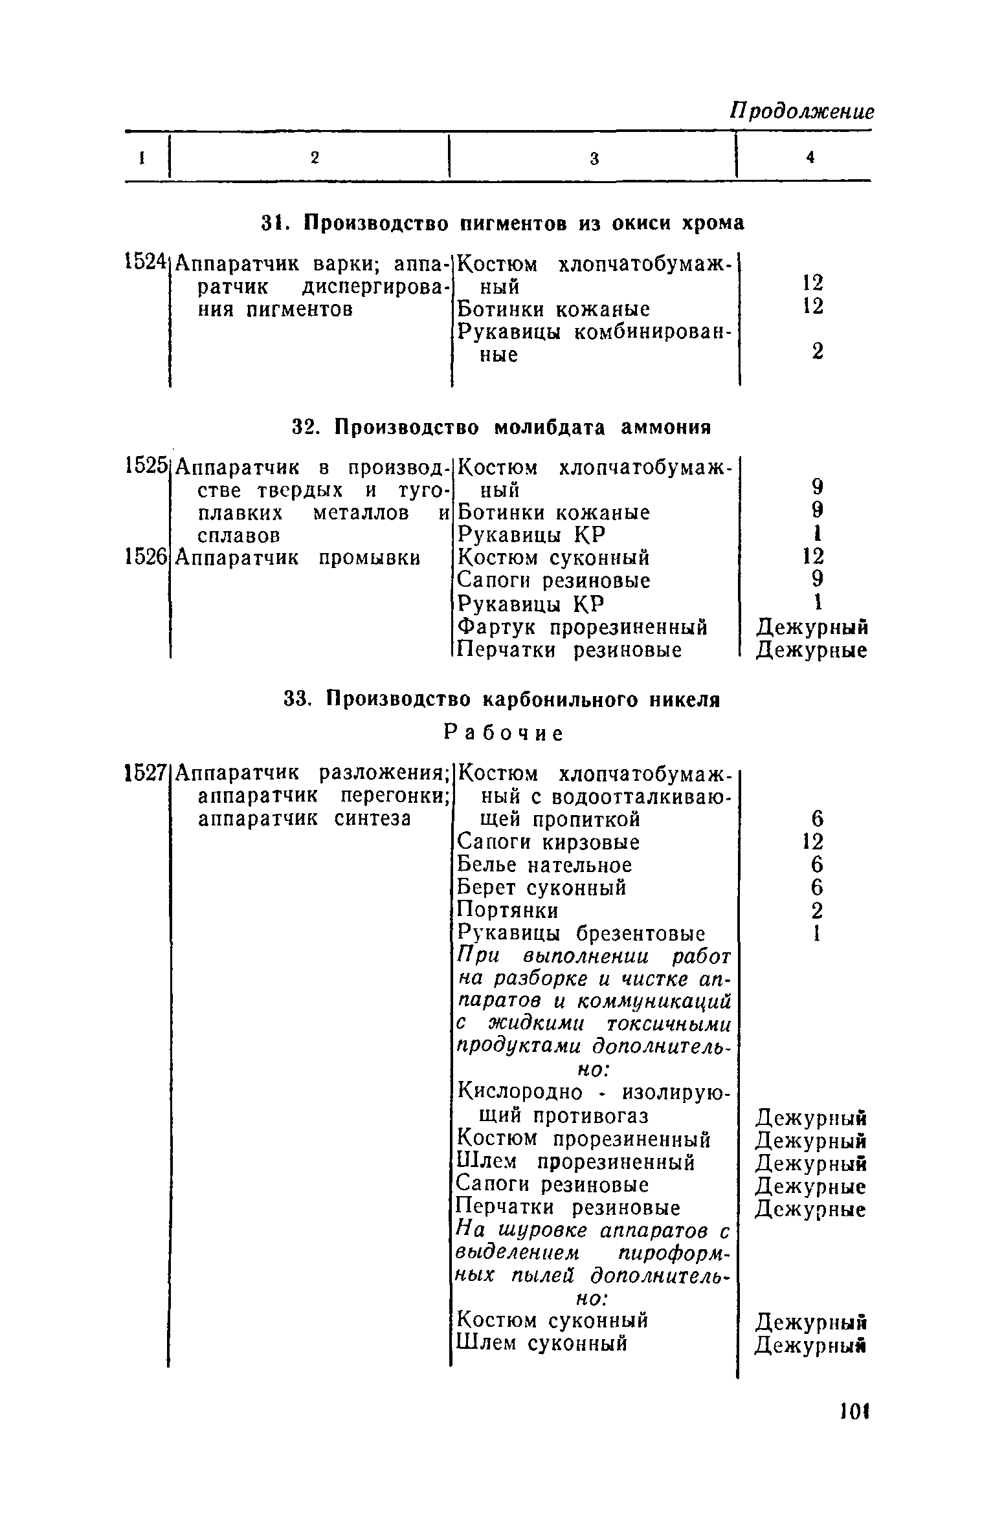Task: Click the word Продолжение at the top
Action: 801,111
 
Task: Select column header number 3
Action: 594,158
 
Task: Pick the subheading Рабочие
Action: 504,733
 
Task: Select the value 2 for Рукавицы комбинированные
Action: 818,352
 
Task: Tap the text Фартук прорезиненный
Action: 582,627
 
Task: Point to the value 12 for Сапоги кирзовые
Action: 813,842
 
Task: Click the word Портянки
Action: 508,910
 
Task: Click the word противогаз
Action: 591,1117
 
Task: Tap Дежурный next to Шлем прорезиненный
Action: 811,1163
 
